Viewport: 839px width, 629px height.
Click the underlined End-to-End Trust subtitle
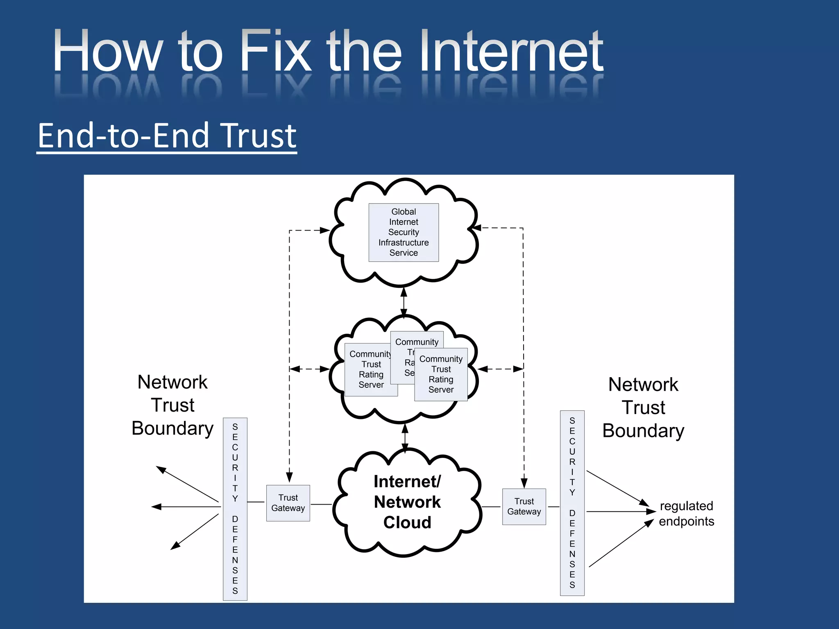pyautogui.click(x=167, y=136)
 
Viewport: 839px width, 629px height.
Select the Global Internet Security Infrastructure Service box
pyautogui.click(x=404, y=232)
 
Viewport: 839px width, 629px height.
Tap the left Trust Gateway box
pyautogui.click(x=288, y=503)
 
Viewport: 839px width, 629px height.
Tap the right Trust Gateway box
pyautogui.click(x=524, y=507)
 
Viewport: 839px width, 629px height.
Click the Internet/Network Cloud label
pyautogui.click(x=407, y=502)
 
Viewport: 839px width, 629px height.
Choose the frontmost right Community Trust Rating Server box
pyautogui.click(x=441, y=374)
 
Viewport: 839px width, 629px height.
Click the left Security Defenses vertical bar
pyautogui.click(x=235, y=509)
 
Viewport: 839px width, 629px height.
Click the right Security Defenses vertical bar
pyautogui.click(x=572, y=503)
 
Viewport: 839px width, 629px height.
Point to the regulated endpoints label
pyautogui.click(x=686, y=514)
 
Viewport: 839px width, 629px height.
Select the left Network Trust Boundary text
pyautogui.click(x=172, y=405)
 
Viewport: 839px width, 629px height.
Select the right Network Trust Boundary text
pyautogui.click(x=643, y=407)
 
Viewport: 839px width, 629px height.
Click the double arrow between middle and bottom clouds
pyautogui.click(x=405, y=438)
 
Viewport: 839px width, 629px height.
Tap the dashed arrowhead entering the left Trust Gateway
pyautogui.click(x=289, y=477)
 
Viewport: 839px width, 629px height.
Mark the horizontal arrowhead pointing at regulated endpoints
pyautogui.click(x=651, y=511)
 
